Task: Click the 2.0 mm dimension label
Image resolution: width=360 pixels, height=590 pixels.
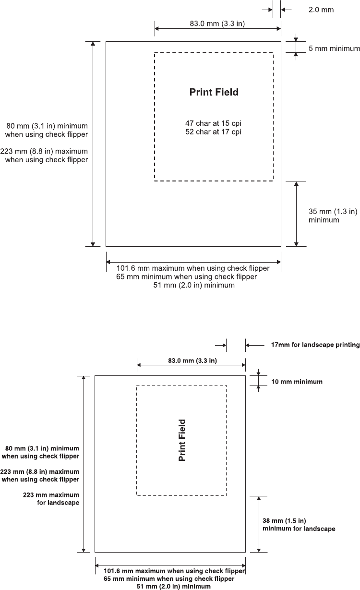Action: pyautogui.click(x=321, y=10)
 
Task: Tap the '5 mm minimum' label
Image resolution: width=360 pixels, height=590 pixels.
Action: pyautogui.click(x=334, y=48)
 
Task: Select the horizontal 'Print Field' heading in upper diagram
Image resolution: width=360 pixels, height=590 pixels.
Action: pyautogui.click(x=214, y=92)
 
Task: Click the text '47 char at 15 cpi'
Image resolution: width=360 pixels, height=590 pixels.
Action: pyautogui.click(x=213, y=123)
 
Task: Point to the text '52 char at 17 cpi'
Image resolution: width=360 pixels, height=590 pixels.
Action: pyautogui.click(x=213, y=132)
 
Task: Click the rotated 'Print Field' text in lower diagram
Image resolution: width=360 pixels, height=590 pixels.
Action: pyautogui.click(x=182, y=440)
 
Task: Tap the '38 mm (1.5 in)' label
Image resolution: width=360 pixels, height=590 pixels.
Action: pyautogui.click(x=285, y=520)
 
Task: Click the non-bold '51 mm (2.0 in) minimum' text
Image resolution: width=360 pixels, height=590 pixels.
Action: pyautogui.click(x=194, y=285)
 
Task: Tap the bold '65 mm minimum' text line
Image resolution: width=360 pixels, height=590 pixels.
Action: pyautogui.click(x=169, y=579)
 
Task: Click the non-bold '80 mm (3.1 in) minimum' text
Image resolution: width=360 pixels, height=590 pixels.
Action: pyautogui.click(x=47, y=126)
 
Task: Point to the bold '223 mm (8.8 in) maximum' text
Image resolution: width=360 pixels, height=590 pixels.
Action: pyautogui.click(x=41, y=471)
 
